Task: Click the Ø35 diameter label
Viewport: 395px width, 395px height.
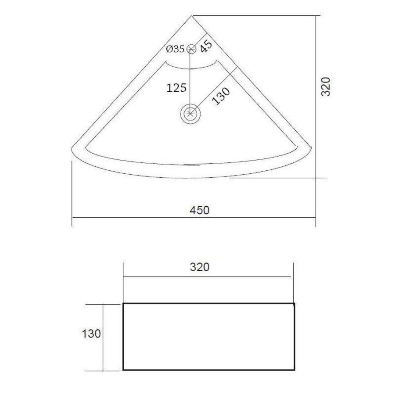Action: (175, 49)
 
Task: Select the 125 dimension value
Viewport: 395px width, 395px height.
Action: (177, 88)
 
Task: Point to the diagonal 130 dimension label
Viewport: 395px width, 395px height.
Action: (221, 96)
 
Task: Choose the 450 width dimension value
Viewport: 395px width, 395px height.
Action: (200, 210)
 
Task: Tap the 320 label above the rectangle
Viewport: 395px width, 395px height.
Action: (200, 267)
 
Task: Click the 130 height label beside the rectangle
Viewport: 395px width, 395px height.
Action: (91, 334)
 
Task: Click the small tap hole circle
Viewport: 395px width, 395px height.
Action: (191, 49)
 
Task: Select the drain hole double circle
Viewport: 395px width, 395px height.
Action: (191, 114)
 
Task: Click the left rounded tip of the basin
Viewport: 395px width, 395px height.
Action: (73, 149)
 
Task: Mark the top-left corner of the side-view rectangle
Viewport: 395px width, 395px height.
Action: (123, 304)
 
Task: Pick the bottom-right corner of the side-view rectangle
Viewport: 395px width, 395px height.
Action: (294, 370)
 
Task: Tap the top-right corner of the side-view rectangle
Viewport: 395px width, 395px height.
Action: (294, 304)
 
